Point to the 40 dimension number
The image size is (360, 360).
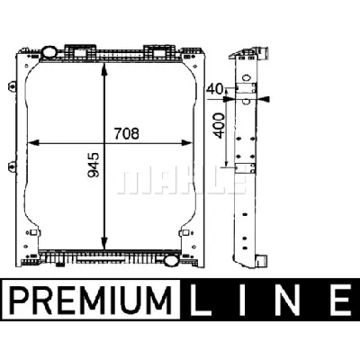point(214,89)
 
